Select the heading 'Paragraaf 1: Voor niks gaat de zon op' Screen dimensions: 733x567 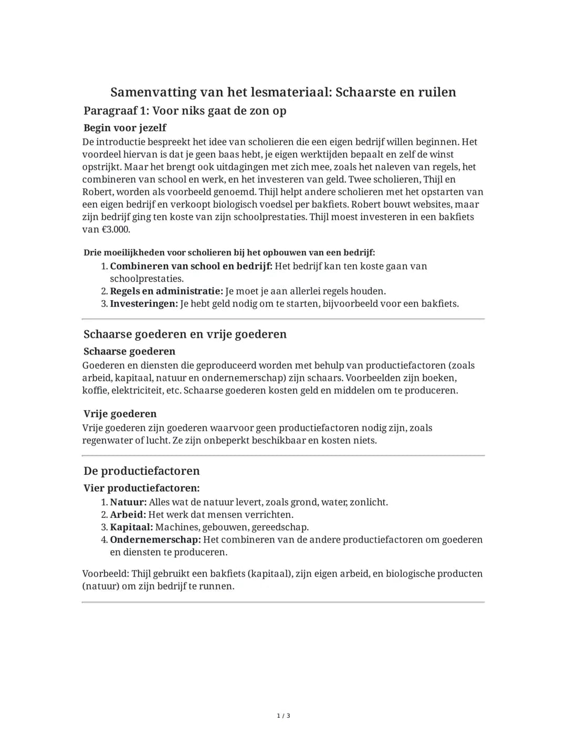185,111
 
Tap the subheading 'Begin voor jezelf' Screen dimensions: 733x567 125,128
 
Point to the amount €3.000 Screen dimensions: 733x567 114,229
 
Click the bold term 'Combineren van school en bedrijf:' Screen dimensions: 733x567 191,266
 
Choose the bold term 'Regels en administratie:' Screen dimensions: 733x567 166,291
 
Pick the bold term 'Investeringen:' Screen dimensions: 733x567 144,304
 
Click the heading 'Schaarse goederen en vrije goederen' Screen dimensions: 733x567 185,334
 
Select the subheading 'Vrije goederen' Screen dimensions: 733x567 120,413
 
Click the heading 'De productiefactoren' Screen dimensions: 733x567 142,471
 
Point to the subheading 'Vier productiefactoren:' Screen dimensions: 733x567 142,488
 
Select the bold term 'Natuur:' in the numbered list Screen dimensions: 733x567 128,502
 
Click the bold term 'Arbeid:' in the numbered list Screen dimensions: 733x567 128,515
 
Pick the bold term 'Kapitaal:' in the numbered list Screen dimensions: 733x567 131,527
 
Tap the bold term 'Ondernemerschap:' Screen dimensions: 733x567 155,540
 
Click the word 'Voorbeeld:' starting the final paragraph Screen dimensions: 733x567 106,574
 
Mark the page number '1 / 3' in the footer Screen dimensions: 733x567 283,716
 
